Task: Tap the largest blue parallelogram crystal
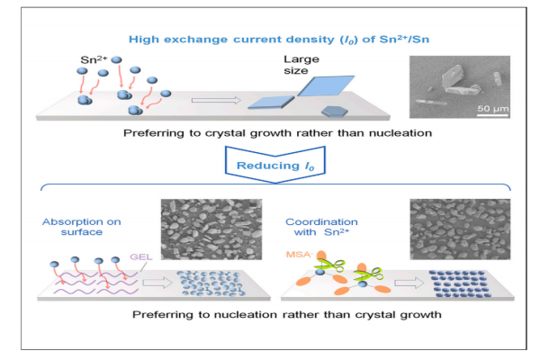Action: click(x=321, y=87)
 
